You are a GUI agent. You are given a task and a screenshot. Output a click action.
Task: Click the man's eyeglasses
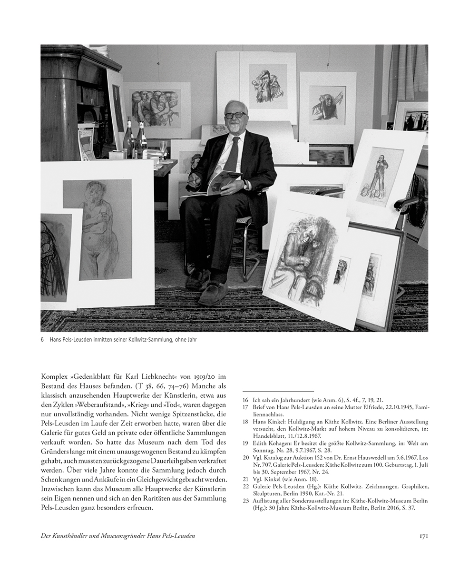coord(236,115)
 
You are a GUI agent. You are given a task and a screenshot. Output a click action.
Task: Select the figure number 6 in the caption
coord(42,340)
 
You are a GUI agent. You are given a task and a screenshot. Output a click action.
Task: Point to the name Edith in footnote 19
coord(261,443)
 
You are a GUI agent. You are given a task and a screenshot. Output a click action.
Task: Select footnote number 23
coord(245,501)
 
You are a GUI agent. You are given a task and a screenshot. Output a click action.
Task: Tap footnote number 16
coord(245,401)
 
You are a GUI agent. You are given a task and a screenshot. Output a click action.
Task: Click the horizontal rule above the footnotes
coord(278,391)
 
